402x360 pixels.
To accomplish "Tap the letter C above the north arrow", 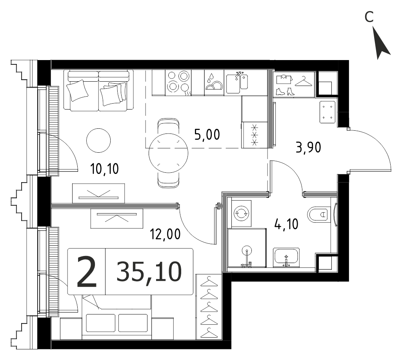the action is pos(369,17).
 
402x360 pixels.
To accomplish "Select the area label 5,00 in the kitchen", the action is pos(207,135).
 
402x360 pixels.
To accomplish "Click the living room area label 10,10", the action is pos(105,169).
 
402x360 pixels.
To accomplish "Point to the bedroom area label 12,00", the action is pos(166,234).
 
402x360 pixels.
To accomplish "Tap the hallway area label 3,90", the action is pos(308,148).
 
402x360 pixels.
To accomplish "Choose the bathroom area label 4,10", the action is pos(286,224).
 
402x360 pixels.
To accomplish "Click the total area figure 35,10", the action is pos(149,272).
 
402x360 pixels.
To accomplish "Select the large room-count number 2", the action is pos(87,272).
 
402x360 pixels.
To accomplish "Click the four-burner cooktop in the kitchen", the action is pos(178,83).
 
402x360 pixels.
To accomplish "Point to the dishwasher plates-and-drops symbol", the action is pos(214,83).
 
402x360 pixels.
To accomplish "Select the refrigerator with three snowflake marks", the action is pos(255,135).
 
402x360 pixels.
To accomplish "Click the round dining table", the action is pos(168,153).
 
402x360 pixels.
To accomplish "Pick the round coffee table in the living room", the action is pos(99,141).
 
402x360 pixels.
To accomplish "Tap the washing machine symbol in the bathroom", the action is pos(241,214).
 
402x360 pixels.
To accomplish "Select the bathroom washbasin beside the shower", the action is pos(286,258).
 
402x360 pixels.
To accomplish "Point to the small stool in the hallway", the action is pos(327,112).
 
